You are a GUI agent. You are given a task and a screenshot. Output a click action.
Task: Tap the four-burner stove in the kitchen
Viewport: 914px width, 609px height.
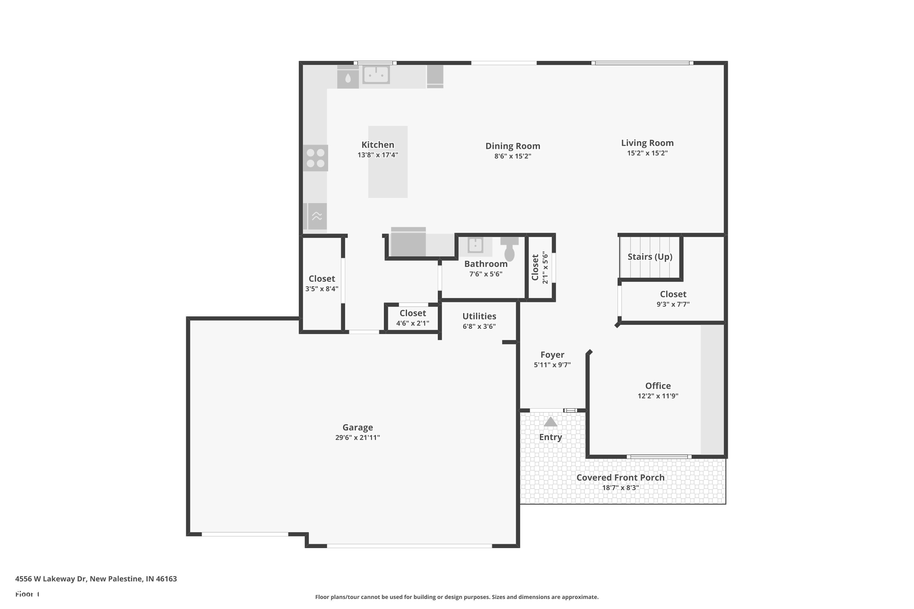coord(316,158)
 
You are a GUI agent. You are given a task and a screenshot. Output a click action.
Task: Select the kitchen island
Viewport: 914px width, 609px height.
coord(388,162)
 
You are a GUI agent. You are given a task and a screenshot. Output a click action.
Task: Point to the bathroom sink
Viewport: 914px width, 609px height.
coord(475,245)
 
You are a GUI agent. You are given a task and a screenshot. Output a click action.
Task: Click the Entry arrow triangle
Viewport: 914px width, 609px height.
coord(551,421)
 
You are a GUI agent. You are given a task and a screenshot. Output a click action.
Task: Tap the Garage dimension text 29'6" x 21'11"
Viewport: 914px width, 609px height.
coord(357,437)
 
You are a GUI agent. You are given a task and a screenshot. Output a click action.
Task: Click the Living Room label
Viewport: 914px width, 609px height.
coord(647,143)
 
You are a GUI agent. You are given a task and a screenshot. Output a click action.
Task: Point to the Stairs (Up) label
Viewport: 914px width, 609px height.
coord(650,257)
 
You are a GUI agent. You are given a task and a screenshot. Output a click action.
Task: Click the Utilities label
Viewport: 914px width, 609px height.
coord(479,316)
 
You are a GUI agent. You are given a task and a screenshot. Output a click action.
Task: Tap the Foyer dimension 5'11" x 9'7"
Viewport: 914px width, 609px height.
coord(552,365)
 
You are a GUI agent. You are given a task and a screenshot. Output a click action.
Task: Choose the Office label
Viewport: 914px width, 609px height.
coord(658,386)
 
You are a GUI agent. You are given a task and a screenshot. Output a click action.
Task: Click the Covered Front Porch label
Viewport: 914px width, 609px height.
coord(621,478)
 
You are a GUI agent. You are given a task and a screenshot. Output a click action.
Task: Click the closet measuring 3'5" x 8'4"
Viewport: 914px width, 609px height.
coord(322,283)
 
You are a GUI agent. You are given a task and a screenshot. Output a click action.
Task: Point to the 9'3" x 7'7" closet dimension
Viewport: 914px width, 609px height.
coord(673,304)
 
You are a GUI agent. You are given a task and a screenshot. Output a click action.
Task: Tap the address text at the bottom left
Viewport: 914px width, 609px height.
coord(96,579)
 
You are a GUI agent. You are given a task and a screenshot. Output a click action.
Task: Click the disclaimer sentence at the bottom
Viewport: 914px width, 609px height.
coord(457,597)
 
